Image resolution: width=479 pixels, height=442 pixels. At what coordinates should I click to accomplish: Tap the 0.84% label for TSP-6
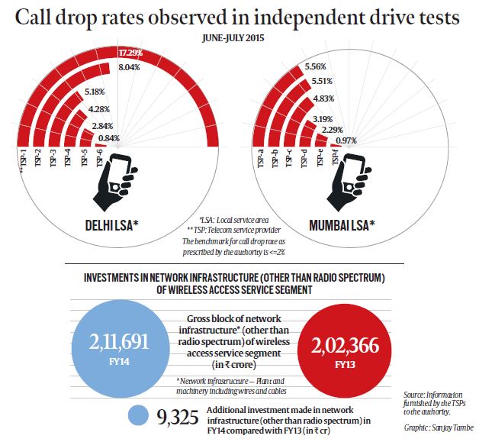pos(108,137)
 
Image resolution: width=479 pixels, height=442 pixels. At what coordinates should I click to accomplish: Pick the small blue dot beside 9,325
pos(138,416)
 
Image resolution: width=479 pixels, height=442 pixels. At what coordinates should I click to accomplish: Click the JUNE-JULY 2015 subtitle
pos(239,34)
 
